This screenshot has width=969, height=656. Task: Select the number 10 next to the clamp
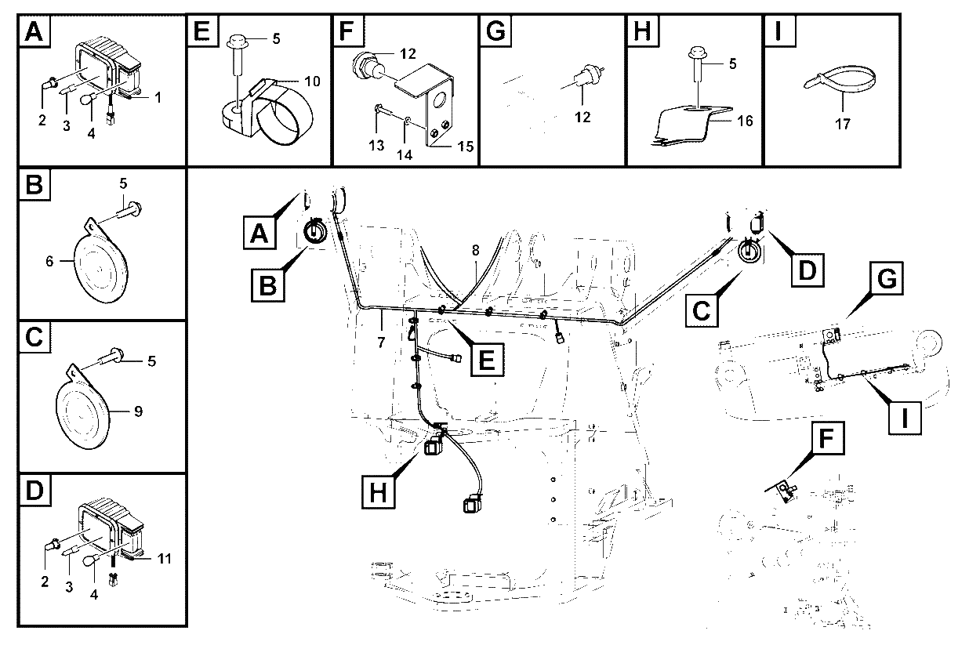[312, 81]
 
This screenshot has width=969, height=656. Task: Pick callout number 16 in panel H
[745, 121]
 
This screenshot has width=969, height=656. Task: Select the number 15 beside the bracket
[466, 146]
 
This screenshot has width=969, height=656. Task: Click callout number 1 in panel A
[158, 98]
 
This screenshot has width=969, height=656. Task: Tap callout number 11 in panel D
[165, 559]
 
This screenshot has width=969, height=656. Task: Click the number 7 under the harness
[381, 342]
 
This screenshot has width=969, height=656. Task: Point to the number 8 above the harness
[476, 250]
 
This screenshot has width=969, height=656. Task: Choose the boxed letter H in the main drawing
[379, 491]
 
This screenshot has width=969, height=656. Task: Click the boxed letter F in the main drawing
[826, 438]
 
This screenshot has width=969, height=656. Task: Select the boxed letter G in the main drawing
[887, 278]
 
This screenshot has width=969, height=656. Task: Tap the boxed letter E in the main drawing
[487, 360]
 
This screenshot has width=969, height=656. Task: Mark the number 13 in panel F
[376, 146]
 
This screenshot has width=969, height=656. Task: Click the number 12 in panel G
[582, 117]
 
